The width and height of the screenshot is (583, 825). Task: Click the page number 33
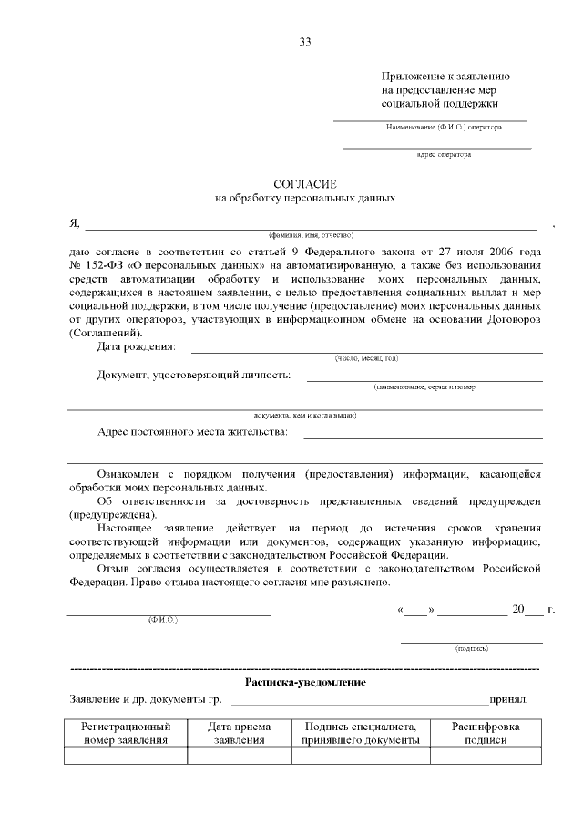305,42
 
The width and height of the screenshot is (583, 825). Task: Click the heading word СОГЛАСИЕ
305,182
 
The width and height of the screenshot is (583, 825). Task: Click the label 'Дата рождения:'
137,346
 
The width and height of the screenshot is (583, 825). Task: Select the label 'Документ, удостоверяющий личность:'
194,375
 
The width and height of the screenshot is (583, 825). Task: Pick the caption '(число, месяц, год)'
366,358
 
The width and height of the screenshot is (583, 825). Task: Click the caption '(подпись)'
471,648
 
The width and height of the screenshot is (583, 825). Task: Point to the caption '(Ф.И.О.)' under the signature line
163,620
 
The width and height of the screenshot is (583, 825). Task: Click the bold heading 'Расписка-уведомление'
305,682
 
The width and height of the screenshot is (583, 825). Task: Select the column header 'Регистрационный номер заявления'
126,734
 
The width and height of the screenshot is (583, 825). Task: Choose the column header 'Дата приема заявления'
239,734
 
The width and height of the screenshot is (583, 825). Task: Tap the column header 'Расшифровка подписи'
486,734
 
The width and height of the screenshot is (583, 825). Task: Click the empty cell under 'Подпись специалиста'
361,755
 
